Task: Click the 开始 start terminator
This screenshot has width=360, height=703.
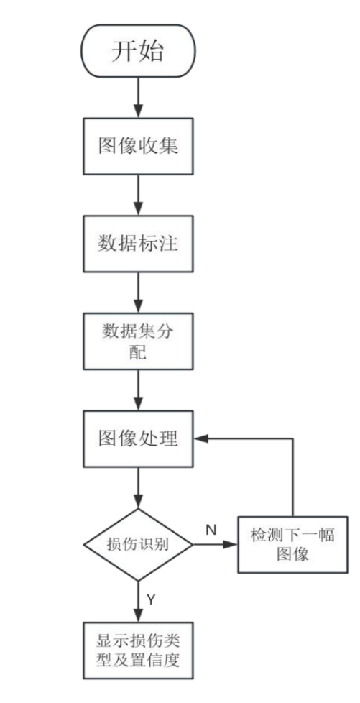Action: coord(137,51)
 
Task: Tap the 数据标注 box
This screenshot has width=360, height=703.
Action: coord(137,243)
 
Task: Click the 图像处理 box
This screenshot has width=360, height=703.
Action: coord(137,438)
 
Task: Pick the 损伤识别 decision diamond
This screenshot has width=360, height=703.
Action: coord(137,544)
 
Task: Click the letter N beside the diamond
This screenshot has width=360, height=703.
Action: coord(211,530)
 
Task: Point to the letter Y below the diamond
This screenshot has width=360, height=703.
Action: coord(151,598)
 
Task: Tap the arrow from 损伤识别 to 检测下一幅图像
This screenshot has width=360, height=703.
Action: coord(216,544)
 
